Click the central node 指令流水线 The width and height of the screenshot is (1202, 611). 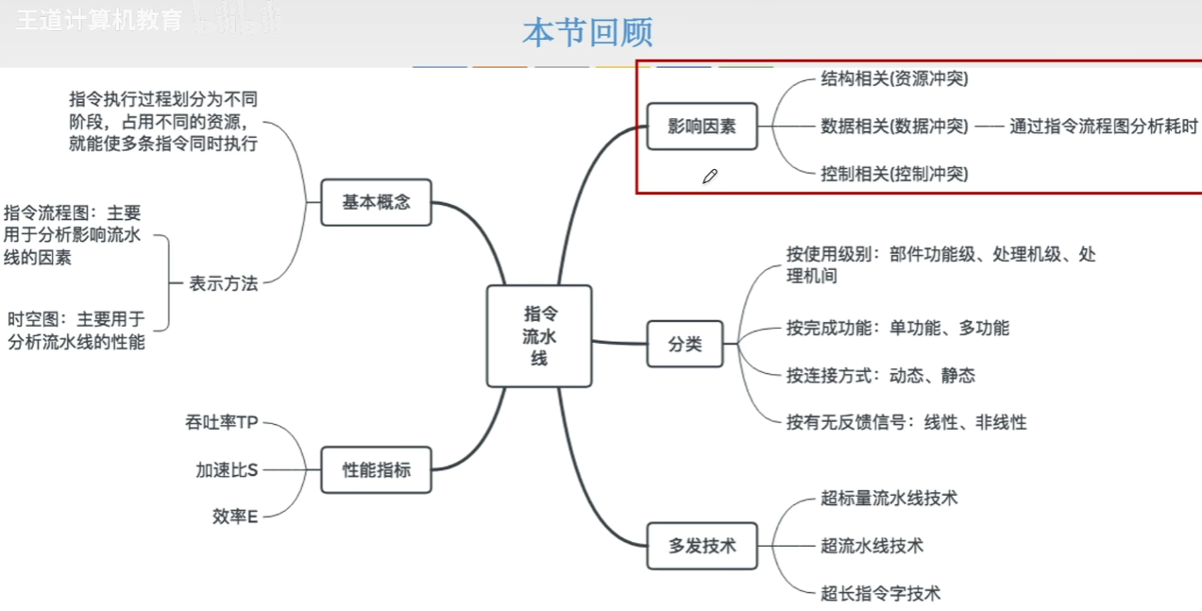tap(539, 336)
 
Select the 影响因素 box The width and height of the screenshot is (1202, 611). tap(702, 127)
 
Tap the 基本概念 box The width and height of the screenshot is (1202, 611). tap(376, 202)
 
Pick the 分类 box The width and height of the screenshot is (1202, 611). tap(685, 344)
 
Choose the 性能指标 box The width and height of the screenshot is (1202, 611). tap(376, 469)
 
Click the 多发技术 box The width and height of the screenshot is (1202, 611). tap(702, 545)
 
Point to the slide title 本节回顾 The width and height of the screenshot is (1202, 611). tap(587, 33)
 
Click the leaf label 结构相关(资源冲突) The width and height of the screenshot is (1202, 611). tap(894, 78)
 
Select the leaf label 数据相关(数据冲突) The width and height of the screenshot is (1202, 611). tap(894, 126)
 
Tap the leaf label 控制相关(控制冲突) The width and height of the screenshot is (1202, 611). tap(894, 173)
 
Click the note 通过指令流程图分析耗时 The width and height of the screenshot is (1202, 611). tap(1103, 126)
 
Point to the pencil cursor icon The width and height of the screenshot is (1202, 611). tap(710, 176)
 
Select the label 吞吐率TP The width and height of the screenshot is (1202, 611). tap(222, 422)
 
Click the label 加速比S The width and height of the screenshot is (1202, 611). tap(227, 469)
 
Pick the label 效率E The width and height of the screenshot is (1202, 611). tap(235, 516)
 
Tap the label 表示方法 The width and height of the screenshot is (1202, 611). tap(224, 283)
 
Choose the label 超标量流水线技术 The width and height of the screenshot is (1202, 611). tap(889, 498)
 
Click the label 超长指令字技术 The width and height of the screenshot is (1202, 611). tap(880, 593)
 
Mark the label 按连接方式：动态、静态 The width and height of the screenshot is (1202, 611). tap(880, 376)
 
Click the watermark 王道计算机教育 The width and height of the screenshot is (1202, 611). tap(98, 21)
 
